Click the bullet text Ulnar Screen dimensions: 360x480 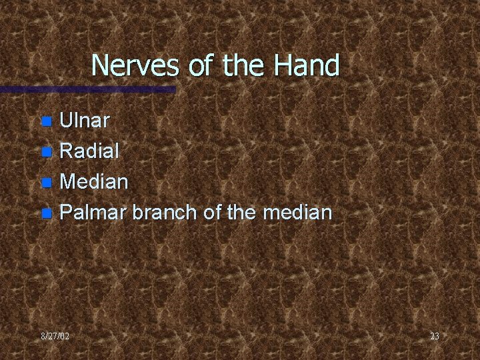coord(85,121)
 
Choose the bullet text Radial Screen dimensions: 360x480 coord(89,151)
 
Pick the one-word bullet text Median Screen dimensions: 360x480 coord(93,182)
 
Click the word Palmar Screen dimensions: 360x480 coord(94,213)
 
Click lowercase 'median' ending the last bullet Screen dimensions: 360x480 coord(296,213)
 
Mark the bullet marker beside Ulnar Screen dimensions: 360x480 coord(46,121)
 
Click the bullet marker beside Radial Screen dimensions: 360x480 coord(46,152)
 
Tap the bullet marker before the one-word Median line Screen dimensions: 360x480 coord(46,183)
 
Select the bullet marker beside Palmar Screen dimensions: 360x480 coord(46,213)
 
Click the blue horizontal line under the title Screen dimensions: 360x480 coord(87,89)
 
